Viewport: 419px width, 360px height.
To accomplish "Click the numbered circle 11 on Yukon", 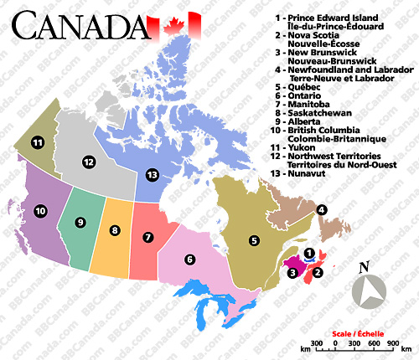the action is click(x=37, y=143).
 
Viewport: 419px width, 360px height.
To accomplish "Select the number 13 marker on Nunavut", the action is click(x=151, y=175).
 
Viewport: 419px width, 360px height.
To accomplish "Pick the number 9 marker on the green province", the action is click(x=80, y=222).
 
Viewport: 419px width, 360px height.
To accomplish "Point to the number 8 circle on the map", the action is click(x=115, y=230).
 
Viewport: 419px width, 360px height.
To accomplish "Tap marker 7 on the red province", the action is click(x=148, y=237).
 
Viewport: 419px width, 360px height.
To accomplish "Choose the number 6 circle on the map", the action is click(x=190, y=259).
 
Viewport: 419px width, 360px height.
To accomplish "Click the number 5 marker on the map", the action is click(x=253, y=240).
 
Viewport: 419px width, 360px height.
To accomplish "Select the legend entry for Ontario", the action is click(x=310, y=97).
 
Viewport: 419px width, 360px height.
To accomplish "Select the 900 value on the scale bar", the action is click(x=392, y=343).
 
